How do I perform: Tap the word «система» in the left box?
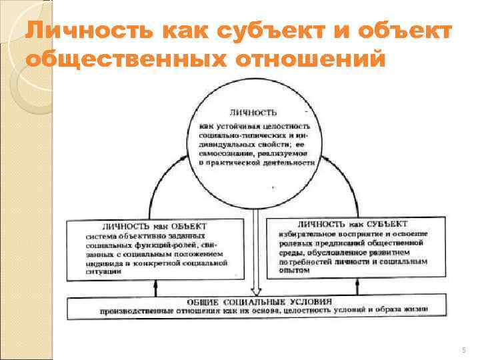coord(100,235)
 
